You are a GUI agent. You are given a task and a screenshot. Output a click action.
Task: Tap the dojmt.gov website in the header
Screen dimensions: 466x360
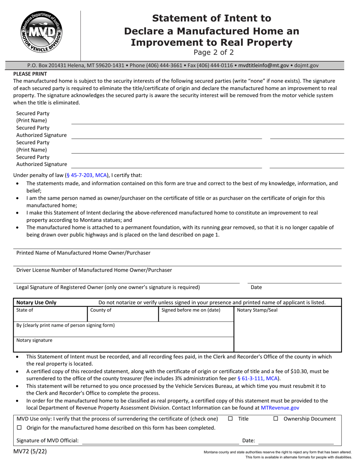[x=307, y=65]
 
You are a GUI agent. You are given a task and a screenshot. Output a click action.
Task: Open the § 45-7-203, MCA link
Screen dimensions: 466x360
[x=87, y=175]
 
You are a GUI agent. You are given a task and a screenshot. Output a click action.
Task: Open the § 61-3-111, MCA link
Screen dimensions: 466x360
[x=258, y=378]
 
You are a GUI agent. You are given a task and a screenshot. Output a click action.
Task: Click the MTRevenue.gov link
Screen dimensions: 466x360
[x=280, y=408]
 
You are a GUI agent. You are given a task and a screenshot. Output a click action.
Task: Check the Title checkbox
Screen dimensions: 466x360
[x=230, y=419]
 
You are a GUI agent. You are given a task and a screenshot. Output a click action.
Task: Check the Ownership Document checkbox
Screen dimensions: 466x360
[x=275, y=419]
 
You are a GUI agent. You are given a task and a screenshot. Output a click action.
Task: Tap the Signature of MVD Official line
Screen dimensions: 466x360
[x=160, y=440]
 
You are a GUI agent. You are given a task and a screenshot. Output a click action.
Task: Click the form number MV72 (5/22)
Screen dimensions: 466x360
[x=30, y=451]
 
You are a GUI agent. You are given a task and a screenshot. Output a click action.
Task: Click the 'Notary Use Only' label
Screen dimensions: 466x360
[x=36, y=302]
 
